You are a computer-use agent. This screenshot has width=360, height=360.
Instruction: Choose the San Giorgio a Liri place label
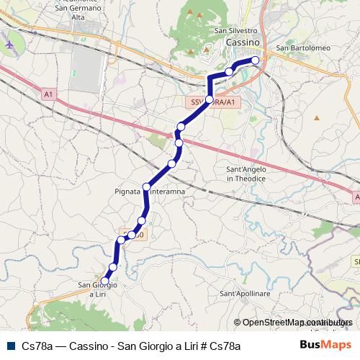pyautogui.click(x=97, y=289)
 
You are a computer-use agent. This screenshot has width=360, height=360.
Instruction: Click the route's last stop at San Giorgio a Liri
pyautogui.click(x=105, y=281)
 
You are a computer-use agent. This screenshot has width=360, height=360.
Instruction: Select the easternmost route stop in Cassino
pyautogui.click(x=254, y=60)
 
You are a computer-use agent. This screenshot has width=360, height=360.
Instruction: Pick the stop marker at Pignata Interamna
pyautogui.click(x=146, y=187)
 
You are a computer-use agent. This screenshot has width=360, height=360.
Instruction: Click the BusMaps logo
pyautogui.click(x=325, y=345)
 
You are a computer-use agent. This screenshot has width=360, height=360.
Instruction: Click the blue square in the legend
pyautogui.click(x=9, y=346)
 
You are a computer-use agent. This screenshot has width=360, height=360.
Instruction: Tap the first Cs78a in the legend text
pyautogui.click(x=36, y=346)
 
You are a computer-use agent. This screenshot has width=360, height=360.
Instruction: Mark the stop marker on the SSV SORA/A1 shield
pyautogui.click(x=210, y=99)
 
